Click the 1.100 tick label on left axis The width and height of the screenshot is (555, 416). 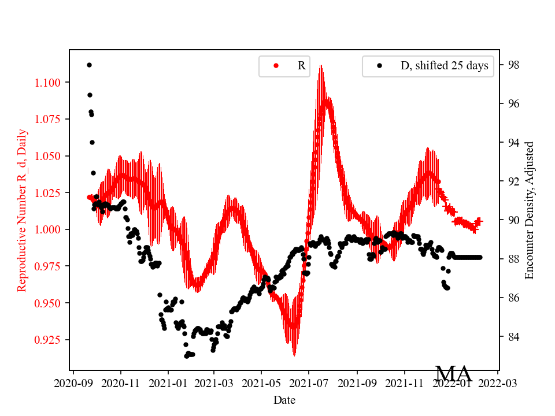coord(50,83)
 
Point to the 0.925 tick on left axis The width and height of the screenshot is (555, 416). coord(50,339)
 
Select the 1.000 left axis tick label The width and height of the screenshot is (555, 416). coord(50,229)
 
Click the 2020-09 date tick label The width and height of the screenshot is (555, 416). coord(73,382)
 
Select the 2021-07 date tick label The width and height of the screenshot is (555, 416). coord(309,382)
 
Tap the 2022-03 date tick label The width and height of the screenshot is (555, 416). coord(497,382)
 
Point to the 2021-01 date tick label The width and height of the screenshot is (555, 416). coord(168,382)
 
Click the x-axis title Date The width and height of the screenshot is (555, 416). coord(284,400)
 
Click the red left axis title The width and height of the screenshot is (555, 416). coord(22,210)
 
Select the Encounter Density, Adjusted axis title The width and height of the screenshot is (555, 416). coord(529,210)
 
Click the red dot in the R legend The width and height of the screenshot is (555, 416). coord(276,66)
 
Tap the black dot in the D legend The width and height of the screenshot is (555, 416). coord(379,66)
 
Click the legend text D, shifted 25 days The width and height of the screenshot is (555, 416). coord(444,66)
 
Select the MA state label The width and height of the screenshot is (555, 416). coord(453,374)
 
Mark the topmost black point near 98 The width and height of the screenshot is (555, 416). coord(89,65)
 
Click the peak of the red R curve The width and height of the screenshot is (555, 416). coord(320,66)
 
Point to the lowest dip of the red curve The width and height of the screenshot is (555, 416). coord(294,355)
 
